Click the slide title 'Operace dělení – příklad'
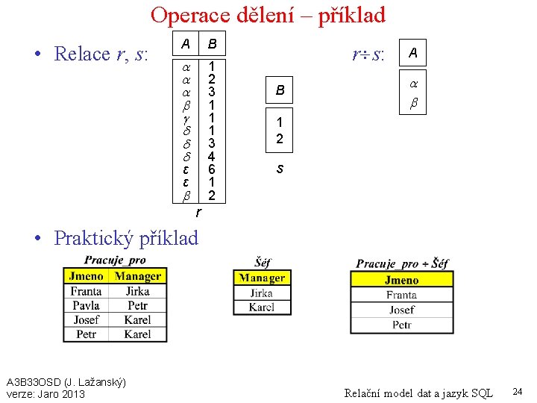click(268, 15)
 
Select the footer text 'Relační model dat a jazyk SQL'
click(418, 393)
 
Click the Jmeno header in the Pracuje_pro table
click(87, 277)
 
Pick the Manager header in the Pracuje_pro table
click(138, 277)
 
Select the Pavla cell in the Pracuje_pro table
click(87, 306)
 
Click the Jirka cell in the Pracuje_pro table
click(138, 292)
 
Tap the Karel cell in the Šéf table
click(262, 307)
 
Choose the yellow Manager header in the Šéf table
click(262, 278)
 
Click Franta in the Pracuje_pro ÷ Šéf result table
click(401, 295)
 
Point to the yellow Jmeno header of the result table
click(401, 281)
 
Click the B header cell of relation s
click(280, 90)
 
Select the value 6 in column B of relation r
click(212, 169)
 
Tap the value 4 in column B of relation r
click(212, 156)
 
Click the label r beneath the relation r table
click(198, 213)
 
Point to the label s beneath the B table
click(280, 169)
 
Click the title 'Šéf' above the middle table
click(262, 262)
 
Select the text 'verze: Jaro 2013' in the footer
click(45, 394)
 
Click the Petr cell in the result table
click(401, 325)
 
